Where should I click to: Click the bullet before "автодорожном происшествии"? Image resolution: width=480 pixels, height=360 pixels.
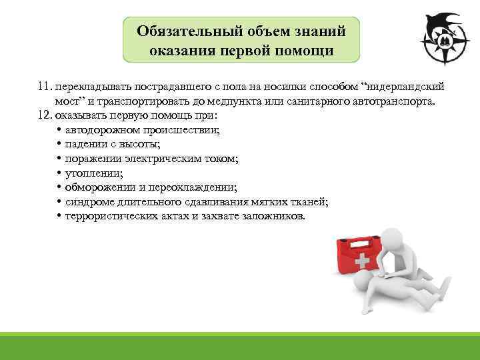pyautogui.click(x=59, y=129)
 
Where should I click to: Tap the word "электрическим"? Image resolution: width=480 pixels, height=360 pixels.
pyautogui.click(x=176, y=159)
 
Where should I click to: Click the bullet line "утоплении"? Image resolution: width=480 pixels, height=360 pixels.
pyautogui.click(x=90, y=173)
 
